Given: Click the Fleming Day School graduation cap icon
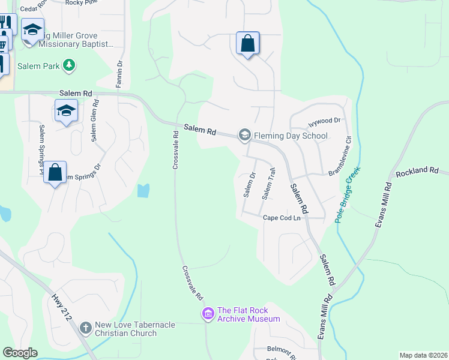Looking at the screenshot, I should click(244, 135).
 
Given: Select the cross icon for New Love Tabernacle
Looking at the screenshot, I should click(86, 328).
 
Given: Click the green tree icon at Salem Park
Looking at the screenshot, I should click(70, 65).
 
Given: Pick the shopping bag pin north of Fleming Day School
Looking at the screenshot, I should click(247, 44).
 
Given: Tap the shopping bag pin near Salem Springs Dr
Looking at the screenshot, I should click(55, 172).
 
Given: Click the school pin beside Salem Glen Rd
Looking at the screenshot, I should click(67, 110).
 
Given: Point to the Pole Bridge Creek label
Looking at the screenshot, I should click(349, 194).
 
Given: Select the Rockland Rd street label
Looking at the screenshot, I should click(417, 171).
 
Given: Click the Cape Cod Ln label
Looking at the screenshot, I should click(282, 218).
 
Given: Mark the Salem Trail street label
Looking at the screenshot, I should click(268, 184).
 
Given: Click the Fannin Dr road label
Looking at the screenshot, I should click(119, 73).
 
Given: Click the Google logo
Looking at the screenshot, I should click(20, 353).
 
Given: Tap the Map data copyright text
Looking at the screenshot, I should click(423, 355).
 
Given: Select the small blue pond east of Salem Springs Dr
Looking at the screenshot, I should click(143, 191).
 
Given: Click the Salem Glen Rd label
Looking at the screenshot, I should click(95, 121).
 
